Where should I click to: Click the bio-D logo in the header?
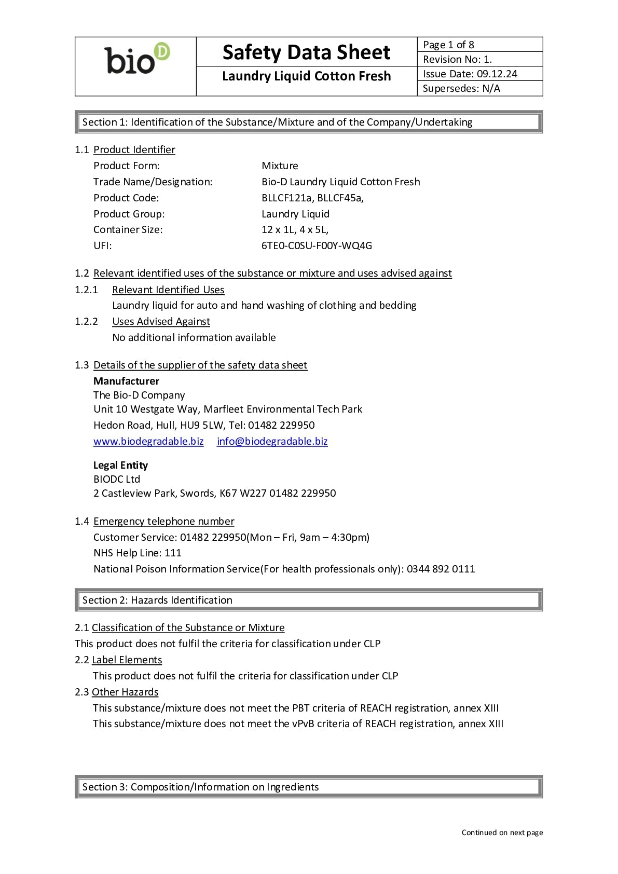[x=137, y=59]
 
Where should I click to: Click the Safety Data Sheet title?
[x=306, y=52]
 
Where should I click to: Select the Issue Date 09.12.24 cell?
[x=470, y=74]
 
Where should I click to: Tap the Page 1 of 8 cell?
[x=448, y=45]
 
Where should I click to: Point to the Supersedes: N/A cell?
[x=461, y=88]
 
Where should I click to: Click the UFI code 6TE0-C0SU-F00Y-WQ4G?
[x=317, y=245]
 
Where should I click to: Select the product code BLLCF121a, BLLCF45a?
[x=312, y=198]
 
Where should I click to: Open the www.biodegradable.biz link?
[x=148, y=441]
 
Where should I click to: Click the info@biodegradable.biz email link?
[x=272, y=441]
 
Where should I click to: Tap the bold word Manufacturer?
[x=126, y=381]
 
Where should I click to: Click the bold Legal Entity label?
[x=120, y=465]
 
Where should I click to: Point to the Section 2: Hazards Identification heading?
[x=157, y=600]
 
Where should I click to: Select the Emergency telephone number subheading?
[x=163, y=521]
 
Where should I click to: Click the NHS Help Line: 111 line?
[x=138, y=553]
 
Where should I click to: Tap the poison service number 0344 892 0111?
[x=441, y=569]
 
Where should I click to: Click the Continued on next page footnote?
[x=502, y=832]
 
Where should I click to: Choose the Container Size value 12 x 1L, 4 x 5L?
[x=295, y=229]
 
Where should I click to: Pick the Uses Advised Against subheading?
[x=161, y=321]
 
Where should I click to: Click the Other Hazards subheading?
[x=125, y=692]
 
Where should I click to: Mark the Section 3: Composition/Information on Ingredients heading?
[x=200, y=787]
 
